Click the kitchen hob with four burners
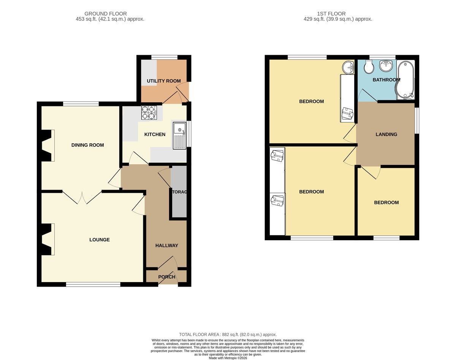[149, 113]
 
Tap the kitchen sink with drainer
[179, 135]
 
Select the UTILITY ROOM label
[163, 81]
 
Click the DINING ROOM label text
[87, 145]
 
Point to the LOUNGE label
[100, 239]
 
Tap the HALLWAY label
[166, 245]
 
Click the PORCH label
[166, 277]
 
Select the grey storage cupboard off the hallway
[179, 192]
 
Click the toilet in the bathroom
[369, 67]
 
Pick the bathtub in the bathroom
[405, 80]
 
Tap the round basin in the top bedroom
[348, 67]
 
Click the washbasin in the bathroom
[386, 66]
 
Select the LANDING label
[386, 134]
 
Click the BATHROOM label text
[386, 80]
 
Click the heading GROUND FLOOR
[106, 14]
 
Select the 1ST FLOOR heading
[331, 14]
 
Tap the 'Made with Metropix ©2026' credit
[228, 358]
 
